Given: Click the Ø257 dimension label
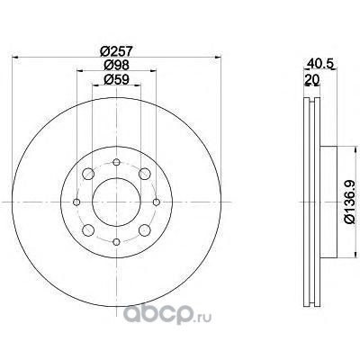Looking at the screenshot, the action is pyautogui.click(x=116, y=51).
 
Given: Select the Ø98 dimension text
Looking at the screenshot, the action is pyautogui.click(x=116, y=65).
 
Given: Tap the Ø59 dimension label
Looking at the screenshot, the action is pyautogui.click(x=116, y=79).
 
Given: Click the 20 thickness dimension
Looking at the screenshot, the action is pyautogui.click(x=312, y=79).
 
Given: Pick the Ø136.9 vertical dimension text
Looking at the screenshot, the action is pyautogui.click(x=350, y=202).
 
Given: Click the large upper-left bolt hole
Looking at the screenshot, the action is pyautogui.click(x=88, y=174).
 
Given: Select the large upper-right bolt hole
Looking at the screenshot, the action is pyautogui.click(x=145, y=174).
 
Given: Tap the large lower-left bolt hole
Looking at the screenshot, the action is pyautogui.click(x=88, y=230).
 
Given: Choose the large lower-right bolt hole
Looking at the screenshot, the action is pyautogui.click(x=145, y=230).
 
